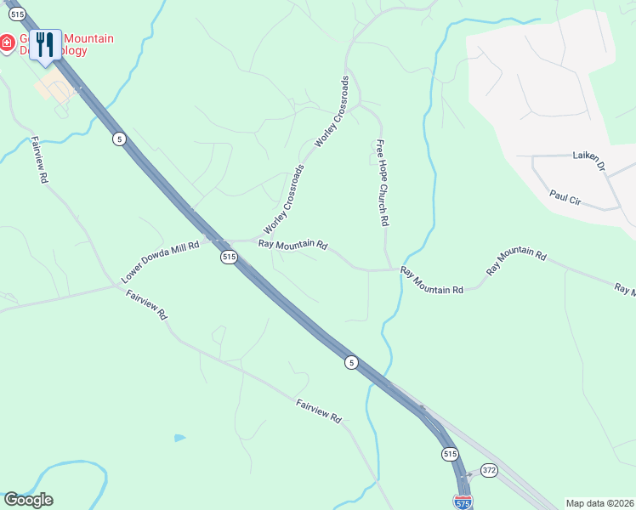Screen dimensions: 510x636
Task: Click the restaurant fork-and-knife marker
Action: point(46,44)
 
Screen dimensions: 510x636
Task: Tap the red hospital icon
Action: point(7,43)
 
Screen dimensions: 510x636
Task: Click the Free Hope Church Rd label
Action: point(383,182)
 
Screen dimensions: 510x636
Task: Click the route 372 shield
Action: point(488,469)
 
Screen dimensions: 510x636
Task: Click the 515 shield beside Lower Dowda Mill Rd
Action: point(228,256)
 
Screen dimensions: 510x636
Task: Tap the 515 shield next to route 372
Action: point(451,455)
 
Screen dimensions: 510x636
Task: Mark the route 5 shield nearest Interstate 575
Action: point(351,362)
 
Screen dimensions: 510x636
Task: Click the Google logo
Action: point(28,500)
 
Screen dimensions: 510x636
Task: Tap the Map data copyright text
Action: point(599,503)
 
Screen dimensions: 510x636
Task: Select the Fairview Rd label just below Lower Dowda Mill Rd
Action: point(147,304)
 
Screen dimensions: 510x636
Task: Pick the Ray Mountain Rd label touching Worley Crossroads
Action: point(292,245)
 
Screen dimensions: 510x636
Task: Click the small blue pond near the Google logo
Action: point(179,438)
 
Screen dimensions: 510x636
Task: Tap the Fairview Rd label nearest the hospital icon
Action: point(39,160)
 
